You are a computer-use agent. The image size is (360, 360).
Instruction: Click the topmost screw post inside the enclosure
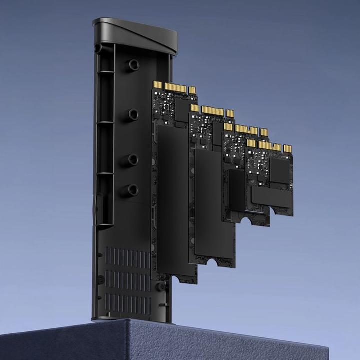coord(133,65)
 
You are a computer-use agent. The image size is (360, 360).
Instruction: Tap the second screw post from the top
coord(133,114)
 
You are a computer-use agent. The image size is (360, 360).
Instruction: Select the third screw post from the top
coord(133,159)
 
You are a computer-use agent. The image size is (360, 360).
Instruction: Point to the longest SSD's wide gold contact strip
coord(175,87)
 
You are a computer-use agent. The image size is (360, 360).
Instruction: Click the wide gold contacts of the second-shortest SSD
coord(246,130)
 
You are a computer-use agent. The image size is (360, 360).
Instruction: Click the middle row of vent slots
coord(128,280)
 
